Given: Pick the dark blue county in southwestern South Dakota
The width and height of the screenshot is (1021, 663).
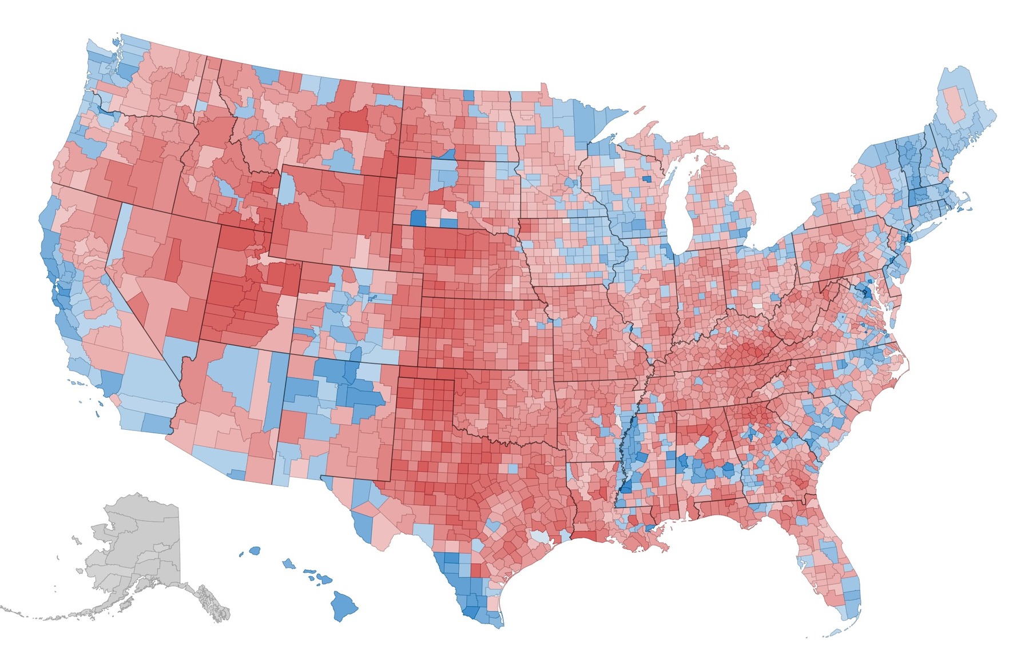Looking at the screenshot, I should point(419,217).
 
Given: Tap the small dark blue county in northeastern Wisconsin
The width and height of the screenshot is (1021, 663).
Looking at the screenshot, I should point(647,178).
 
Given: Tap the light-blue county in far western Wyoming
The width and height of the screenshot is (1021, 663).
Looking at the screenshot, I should point(287,189).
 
